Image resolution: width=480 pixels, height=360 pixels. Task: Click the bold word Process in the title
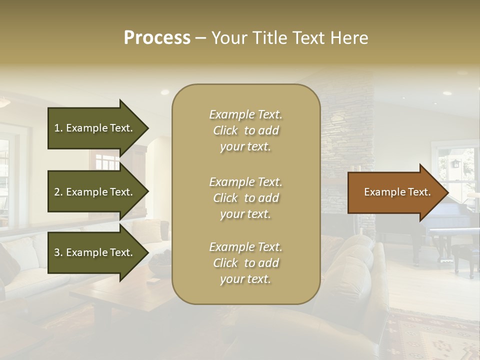pyautogui.click(x=157, y=38)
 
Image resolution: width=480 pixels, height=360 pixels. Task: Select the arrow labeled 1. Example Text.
pyautogui.click(x=95, y=128)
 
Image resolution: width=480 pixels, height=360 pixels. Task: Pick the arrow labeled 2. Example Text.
pyautogui.click(x=95, y=192)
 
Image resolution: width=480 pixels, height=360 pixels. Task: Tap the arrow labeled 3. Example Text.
pyautogui.click(x=95, y=252)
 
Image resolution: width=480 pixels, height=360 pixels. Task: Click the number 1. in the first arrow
pyautogui.click(x=58, y=128)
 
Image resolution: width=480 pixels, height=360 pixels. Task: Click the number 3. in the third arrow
pyautogui.click(x=58, y=252)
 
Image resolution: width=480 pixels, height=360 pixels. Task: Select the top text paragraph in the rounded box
pyautogui.click(x=245, y=130)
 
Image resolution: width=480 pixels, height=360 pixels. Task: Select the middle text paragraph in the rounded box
pyautogui.click(x=245, y=198)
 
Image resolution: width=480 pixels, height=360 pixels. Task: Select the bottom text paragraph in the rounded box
pyautogui.click(x=245, y=263)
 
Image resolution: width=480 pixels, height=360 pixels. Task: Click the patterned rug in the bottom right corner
pyautogui.click(x=435, y=335)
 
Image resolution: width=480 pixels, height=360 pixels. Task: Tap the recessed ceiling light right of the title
pyautogui.click(x=447, y=93)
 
